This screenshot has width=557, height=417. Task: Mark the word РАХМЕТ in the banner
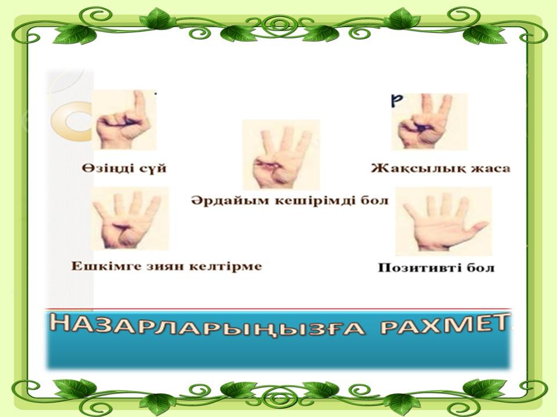[444, 325]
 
